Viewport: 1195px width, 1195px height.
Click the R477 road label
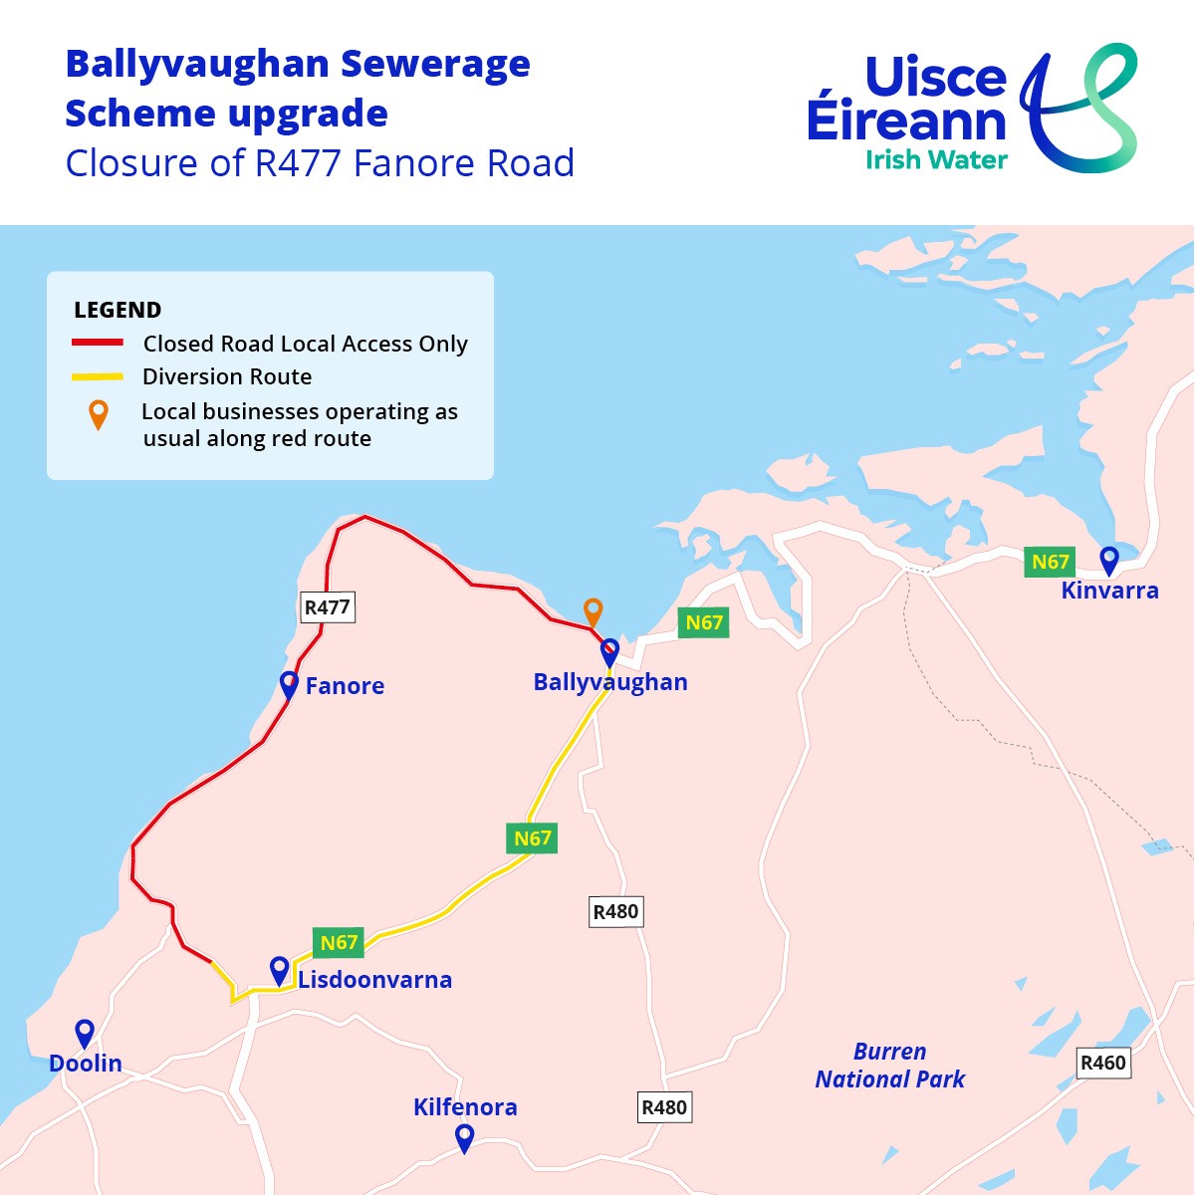click(x=327, y=607)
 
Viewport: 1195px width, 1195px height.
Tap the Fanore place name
click(x=345, y=686)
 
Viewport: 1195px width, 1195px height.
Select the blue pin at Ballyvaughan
click(x=609, y=652)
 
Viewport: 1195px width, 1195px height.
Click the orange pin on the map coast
click(x=594, y=610)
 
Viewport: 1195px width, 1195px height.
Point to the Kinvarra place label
click(x=1109, y=591)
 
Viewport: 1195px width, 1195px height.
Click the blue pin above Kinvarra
click(x=1108, y=560)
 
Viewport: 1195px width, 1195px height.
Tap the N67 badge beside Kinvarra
click(x=1050, y=562)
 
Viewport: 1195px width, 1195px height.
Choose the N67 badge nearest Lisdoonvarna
click(x=339, y=942)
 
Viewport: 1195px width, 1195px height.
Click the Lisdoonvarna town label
click(x=374, y=980)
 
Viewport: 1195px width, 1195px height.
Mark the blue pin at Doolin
click(x=85, y=1033)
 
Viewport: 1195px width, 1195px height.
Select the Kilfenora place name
click(x=465, y=1107)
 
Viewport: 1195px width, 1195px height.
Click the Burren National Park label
click(x=889, y=1066)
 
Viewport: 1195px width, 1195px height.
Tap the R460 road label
click(x=1103, y=1063)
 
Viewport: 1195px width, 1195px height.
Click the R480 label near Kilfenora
click(x=664, y=1107)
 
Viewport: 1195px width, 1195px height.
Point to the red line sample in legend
click(x=98, y=343)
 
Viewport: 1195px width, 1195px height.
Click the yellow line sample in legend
click(x=98, y=376)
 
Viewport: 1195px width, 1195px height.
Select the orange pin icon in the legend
click(x=98, y=413)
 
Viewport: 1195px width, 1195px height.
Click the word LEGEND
click(x=118, y=310)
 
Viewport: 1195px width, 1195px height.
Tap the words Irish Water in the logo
click(x=936, y=159)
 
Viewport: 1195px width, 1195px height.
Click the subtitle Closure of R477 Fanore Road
click(x=320, y=163)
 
